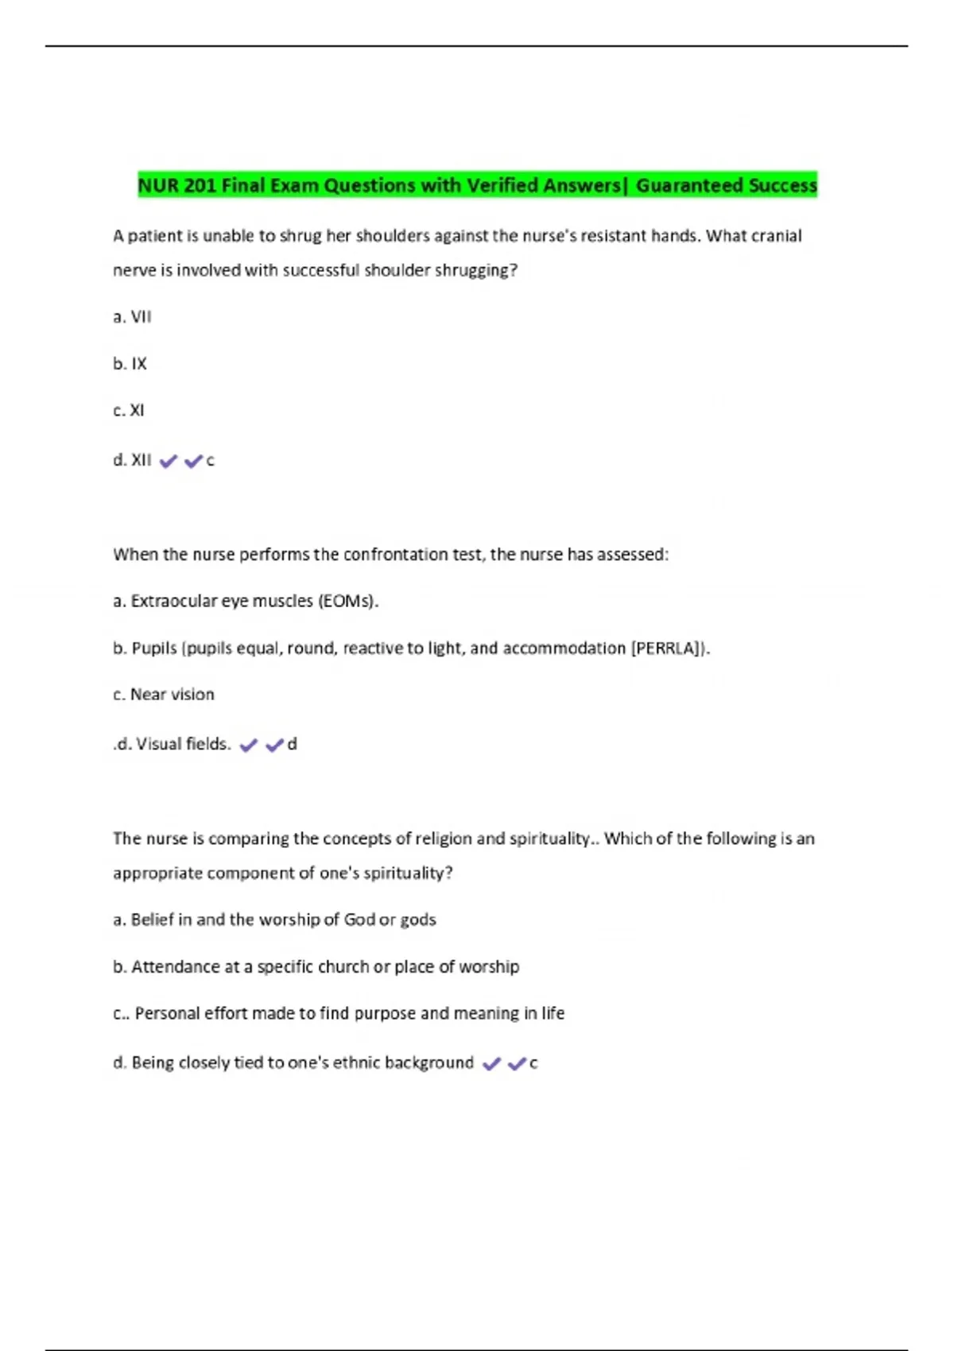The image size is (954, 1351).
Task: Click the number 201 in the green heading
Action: coord(200,186)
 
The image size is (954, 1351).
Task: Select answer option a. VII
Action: coord(132,317)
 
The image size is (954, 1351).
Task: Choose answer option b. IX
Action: coord(130,364)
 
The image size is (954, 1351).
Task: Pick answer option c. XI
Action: coord(129,411)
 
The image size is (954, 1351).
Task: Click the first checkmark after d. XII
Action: coord(168,461)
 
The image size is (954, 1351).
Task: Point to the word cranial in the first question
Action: coord(777,236)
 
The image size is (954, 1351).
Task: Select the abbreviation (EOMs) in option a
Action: coord(347,602)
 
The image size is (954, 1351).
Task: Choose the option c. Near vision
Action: coord(164,695)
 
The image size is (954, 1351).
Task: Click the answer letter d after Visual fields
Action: coord(293,745)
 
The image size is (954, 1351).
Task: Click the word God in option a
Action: coord(359,920)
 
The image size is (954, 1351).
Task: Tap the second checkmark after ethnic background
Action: coord(517,1063)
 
